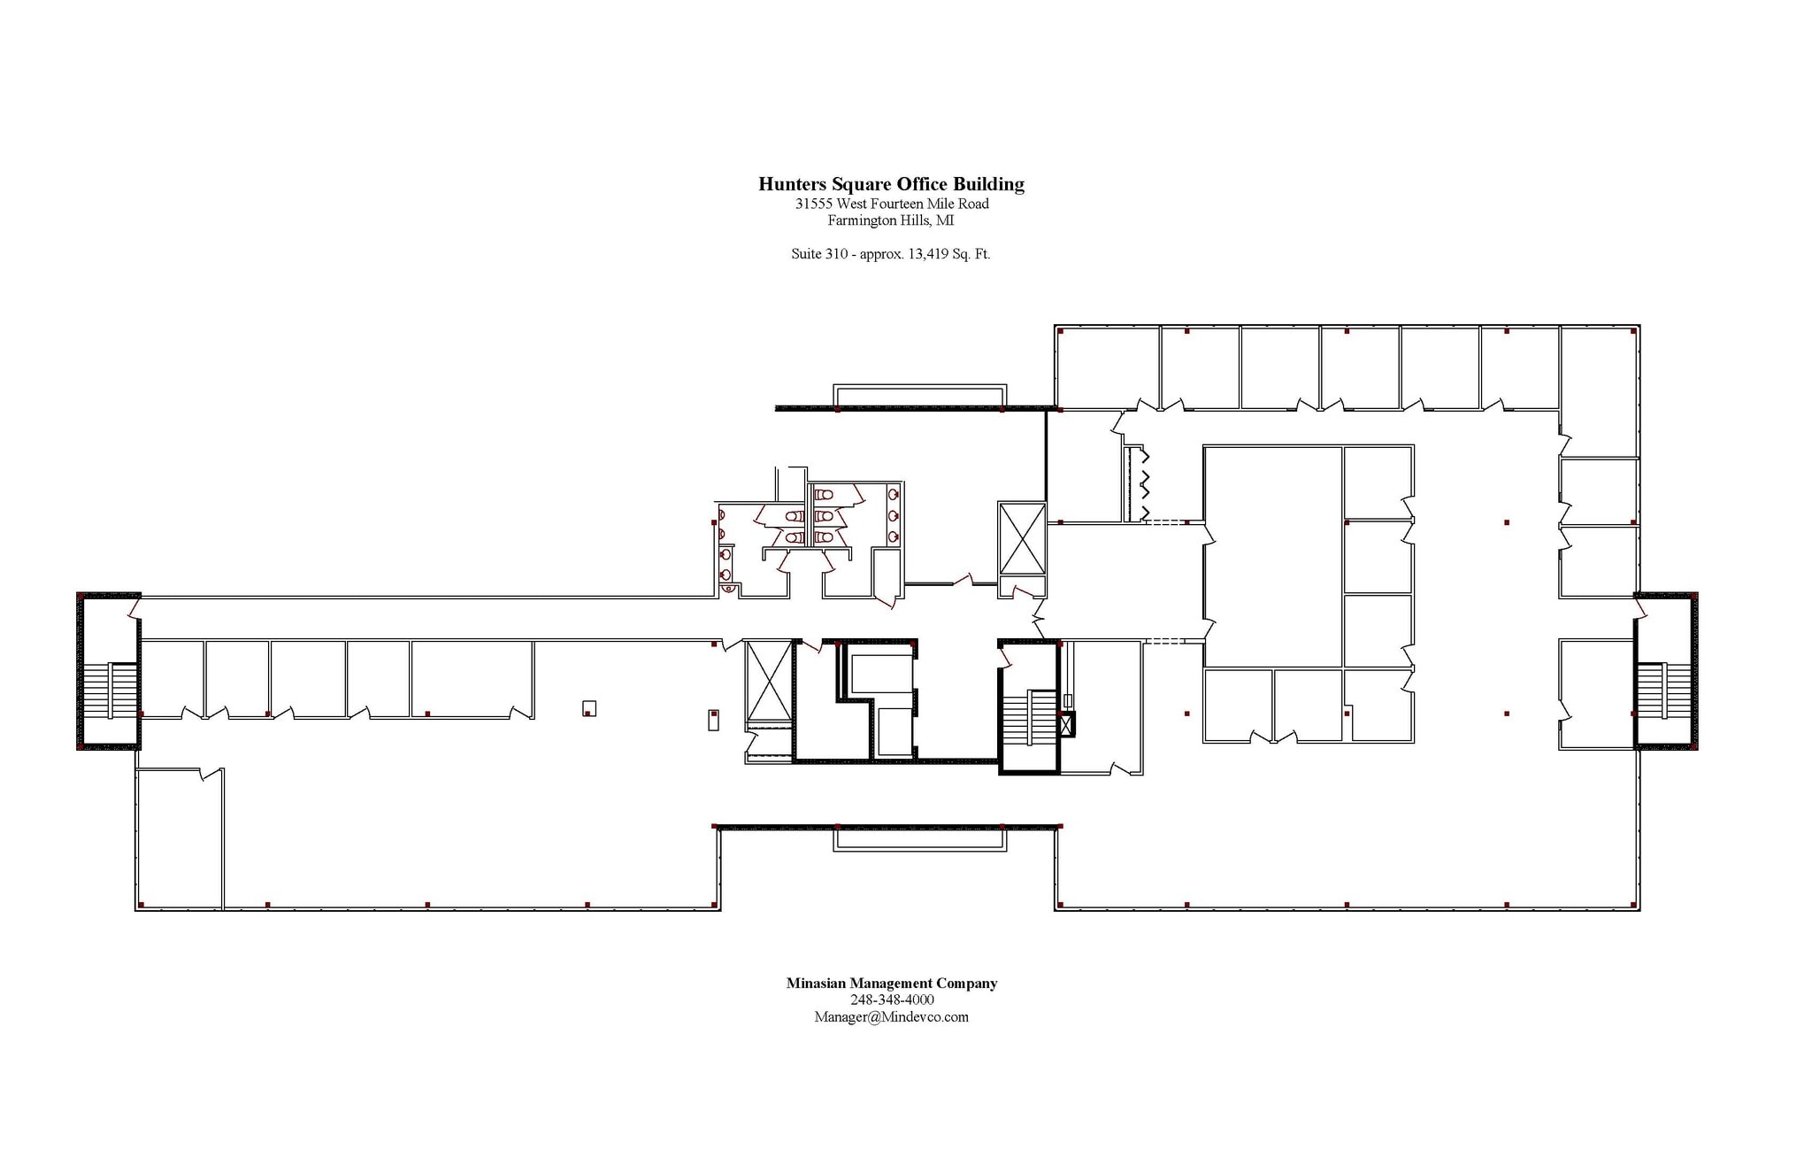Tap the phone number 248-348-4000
tap(892, 1000)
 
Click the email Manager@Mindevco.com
tap(891, 1017)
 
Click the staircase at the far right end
tap(1662, 691)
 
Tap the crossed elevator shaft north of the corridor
tap(1022, 538)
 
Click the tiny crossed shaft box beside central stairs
tap(1067, 724)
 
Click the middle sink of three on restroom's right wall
tap(894, 515)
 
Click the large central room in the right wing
tap(1272, 556)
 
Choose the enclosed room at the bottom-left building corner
tap(179, 839)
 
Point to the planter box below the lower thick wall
tap(919, 839)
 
